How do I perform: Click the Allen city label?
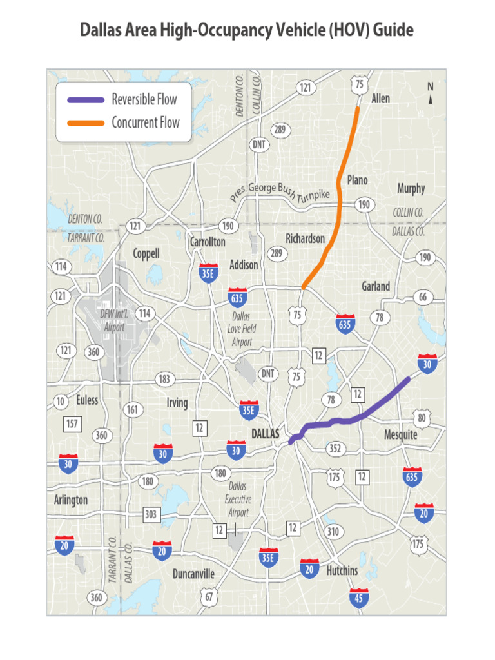(380, 99)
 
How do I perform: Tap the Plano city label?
(358, 180)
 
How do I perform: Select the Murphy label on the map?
(411, 188)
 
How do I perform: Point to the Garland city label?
(376, 286)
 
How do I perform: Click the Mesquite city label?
(401, 434)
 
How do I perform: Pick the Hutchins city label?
(342, 570)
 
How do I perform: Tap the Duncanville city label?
(193, 574)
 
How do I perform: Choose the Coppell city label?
(146, 253)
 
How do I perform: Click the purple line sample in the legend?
(86, 100)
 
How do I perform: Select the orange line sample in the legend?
(86, 122)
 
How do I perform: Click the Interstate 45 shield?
(359, 597)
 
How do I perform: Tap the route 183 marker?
(164, 380)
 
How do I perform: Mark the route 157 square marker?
(72, 423)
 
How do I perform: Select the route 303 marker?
(151, 514)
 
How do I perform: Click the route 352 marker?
(335, 449)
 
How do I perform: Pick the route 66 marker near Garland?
(422, 297)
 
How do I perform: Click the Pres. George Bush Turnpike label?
(280, 195)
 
